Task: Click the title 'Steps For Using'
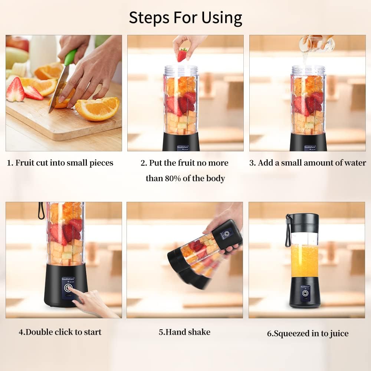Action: pyautogui.click(x=185, y=17)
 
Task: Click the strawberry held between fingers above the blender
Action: pyautogui.click(x=182, y=55)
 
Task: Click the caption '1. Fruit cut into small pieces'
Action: pyautogui.click(x=60, y=163)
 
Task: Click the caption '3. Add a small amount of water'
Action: pyautogui.click(x=307, y=163)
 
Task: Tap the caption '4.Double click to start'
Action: pyautogui.click(x=60, y=332)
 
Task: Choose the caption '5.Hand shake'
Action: pyautogui.click(x=184, y=332)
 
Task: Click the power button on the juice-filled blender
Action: pyautogui.click(x=305, y=293)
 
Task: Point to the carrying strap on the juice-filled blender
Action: pyautogui.click(x=288, y=232)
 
